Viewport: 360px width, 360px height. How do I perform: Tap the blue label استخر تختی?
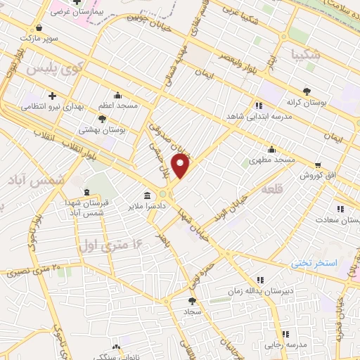tap(314, 262)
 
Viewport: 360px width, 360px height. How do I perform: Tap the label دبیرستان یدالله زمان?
tap(261, 289)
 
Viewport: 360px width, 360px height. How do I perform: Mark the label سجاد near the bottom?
tap(193, 310)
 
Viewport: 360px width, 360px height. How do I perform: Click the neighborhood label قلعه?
tap(273, 189)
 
